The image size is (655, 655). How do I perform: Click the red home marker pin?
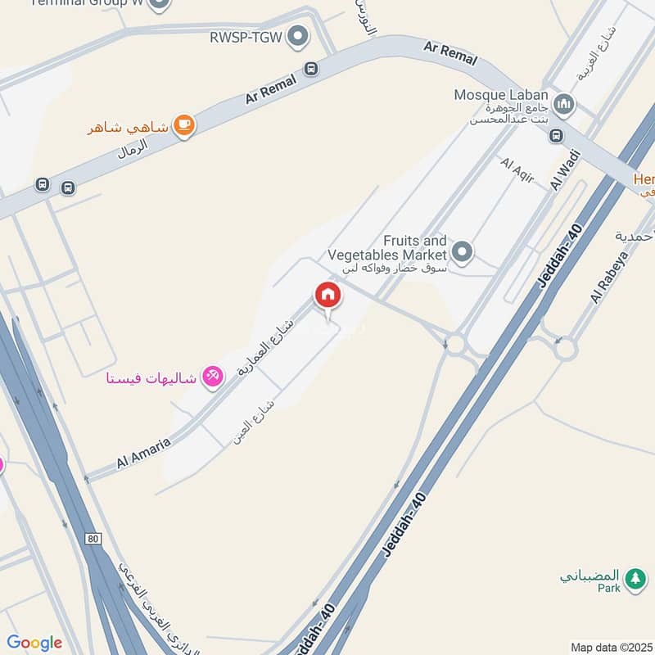point(327,296)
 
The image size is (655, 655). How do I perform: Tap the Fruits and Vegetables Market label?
point(416,247)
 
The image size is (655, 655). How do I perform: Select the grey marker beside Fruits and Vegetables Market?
point(463,252)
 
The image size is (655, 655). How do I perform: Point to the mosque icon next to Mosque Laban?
point(562,104)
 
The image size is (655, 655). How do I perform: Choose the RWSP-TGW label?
point(245,37)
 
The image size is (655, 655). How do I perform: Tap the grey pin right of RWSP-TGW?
point(299,36)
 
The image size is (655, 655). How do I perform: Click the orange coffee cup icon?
point(185,125)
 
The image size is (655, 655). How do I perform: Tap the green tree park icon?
point(635,579)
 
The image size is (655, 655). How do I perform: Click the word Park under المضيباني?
point(608,588)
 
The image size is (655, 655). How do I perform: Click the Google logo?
point(34,643)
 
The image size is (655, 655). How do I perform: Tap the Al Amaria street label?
point(142,453)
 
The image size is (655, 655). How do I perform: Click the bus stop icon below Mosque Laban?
point(556,135)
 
